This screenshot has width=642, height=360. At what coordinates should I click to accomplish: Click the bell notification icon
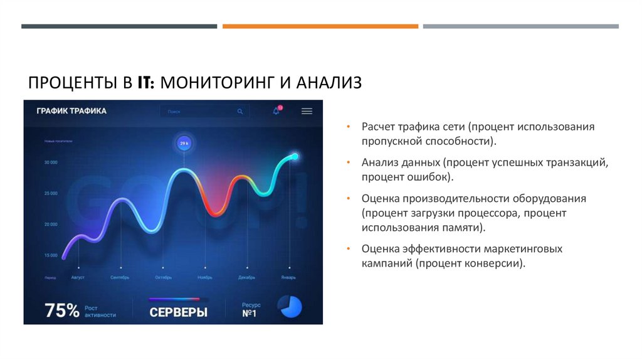pyautogui.click(x=276, y=111)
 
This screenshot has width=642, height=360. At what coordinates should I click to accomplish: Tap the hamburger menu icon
pyautogui.click(x=307, y=111)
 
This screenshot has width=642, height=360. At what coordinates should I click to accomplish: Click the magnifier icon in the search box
pyautogui.click(x=239, y=111)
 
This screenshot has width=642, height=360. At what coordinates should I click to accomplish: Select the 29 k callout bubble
pyautogui.click(x=184, y=144)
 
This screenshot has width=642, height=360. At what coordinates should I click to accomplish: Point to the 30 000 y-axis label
pyautogui.click(x=51, y=162)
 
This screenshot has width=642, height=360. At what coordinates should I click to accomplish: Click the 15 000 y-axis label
pyautogui.click(x=51, y=255)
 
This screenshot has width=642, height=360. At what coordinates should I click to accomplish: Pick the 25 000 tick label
pyautogui.click(x=51, y=194)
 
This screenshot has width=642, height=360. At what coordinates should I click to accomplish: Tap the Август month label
pyautogui.click(x=78, y=277)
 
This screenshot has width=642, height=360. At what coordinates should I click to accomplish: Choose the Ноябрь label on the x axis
pyautogui.click(x=205, y=277)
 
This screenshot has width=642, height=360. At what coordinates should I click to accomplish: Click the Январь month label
pyautogui.click(x=288, y=277)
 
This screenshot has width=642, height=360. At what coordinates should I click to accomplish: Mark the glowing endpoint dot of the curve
pyautogui.click(x=294, y=156)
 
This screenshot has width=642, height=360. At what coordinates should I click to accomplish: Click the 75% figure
pyautogui.click(x=62, y=310)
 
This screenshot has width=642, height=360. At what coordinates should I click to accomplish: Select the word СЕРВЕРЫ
pyautogui.click(x=178, y=312)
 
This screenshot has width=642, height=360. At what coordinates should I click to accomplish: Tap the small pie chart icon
pyautogui.click(x=290, y=307)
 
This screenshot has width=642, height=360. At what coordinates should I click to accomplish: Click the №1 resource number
pyautogui.click(x=250, y=314)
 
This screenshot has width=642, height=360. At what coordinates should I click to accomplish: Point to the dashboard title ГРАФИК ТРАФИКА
pyautogui.click(x=71, y=111)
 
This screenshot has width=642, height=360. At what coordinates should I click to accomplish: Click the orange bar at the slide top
pyautogui.click(x=320, y=26)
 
